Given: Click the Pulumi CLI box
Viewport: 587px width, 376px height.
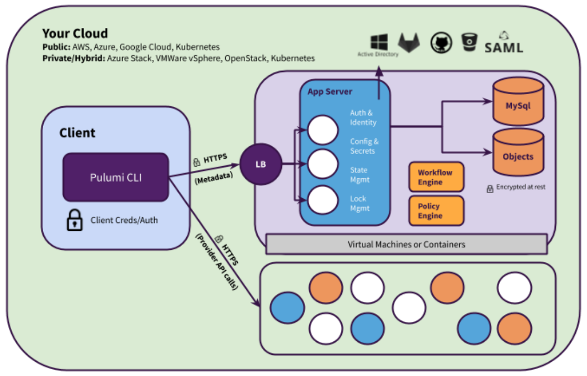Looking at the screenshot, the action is (116, 177).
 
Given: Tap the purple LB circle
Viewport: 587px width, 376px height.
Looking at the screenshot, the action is (260, 164).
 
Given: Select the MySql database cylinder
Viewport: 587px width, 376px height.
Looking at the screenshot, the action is (518, 101).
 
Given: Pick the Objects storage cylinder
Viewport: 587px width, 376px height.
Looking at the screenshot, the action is (518, 153).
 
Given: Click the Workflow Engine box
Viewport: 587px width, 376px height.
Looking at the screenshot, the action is (436, 177).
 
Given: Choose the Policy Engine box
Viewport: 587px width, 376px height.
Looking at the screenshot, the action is (436, 211).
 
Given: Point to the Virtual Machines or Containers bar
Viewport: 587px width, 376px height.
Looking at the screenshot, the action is (407, 245).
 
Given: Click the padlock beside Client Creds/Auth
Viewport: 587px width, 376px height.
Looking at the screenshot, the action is (75, 220).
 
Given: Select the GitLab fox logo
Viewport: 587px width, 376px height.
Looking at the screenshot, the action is (409, 42).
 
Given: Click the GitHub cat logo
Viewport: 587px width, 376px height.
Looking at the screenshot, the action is (441, 43).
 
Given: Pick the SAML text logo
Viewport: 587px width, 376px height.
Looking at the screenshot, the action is (504, 43).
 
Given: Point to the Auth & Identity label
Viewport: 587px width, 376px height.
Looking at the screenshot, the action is (363, 117).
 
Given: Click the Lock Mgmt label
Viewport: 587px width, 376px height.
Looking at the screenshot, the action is (360, 204).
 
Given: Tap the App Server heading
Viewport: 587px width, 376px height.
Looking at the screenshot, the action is (330, 92).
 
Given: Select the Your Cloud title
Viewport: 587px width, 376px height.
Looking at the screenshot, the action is (75, 33).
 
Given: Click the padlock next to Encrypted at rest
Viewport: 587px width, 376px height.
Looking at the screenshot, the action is (490, 189).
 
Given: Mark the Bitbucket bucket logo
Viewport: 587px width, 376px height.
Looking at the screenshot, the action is (469, 42).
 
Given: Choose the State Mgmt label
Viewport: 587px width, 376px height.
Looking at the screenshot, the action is (359, 175).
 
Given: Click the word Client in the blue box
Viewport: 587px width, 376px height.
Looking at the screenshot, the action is (77, 133).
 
